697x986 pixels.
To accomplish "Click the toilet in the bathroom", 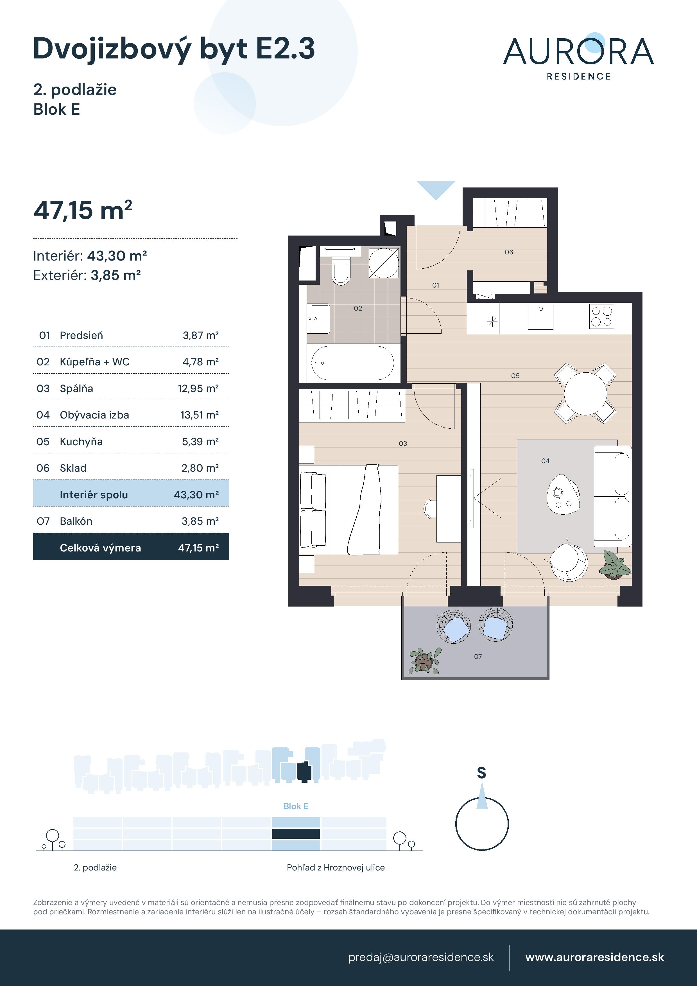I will coord(341,271).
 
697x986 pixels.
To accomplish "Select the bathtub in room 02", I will coord(352,363).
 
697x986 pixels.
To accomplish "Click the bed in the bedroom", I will coord(349,509).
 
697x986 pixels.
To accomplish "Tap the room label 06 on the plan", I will coord(509,252).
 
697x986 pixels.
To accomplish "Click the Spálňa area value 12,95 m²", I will coord(198,389).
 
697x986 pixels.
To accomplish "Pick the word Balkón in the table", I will coord(76,521).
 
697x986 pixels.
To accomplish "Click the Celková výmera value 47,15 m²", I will coord(198,548).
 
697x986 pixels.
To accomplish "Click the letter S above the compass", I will coord(481,773).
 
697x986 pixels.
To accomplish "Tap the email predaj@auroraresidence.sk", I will coord(421,957).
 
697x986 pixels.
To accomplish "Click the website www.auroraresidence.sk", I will coord(594,957).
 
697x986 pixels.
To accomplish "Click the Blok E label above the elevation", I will coord(296,806).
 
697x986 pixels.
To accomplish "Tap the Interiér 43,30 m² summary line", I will coord(90,256).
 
